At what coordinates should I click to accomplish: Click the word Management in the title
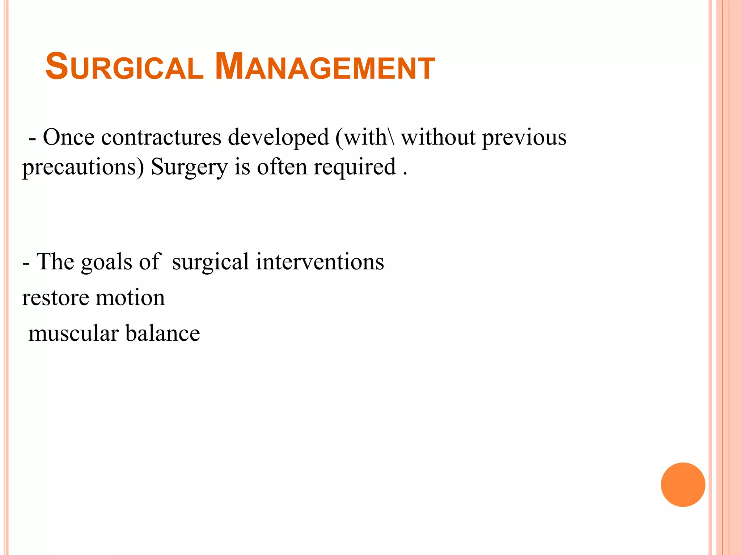[325, 67]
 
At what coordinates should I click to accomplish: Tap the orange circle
[683, 485]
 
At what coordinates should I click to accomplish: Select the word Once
[69, 138]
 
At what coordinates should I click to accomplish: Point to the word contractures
[161, 138]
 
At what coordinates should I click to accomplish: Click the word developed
[278, 138]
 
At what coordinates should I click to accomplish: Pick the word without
[438, 138]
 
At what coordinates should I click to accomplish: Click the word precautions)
[83, 167]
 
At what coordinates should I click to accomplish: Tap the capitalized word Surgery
[189, 167]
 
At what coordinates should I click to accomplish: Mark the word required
[355, 167]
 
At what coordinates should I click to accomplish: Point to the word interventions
[320, 262]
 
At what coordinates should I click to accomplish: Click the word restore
[55, 298]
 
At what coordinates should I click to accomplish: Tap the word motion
[130, 298]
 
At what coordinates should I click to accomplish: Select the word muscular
[73, 333]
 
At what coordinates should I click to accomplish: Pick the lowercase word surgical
[210, 262]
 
